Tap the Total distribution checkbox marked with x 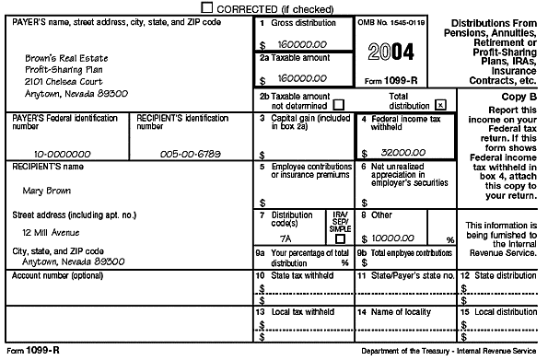point(440,105)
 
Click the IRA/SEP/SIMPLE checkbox point(340,238)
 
